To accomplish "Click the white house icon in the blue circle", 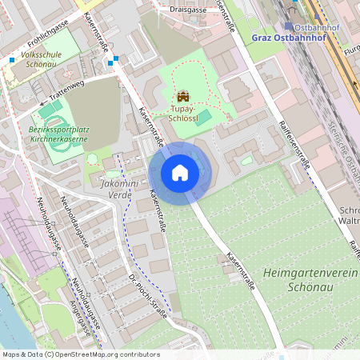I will coord(179,172).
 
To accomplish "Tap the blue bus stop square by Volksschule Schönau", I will coord(12,59).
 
